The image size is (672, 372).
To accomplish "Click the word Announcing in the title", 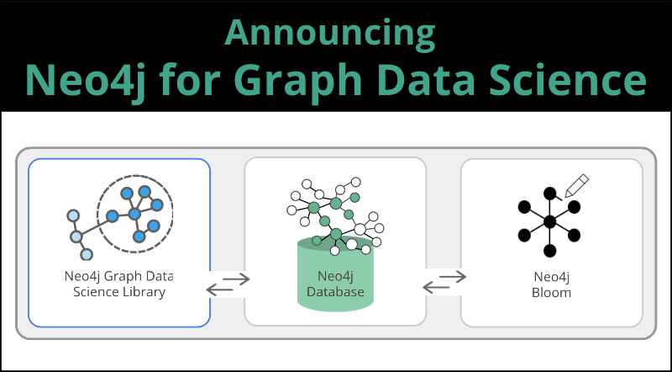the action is click(330, 35).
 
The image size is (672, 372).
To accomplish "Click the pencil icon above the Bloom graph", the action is click(576, 185).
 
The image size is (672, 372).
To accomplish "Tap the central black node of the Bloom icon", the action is click(549, 221).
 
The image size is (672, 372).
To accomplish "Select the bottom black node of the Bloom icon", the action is click(549, 251).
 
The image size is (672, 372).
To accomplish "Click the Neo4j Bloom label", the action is click(552, 284).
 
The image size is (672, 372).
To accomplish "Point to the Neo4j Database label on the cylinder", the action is click(335, 284).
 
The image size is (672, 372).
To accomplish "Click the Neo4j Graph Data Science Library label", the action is click(118, 284).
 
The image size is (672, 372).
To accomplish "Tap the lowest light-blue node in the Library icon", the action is click(87, 254).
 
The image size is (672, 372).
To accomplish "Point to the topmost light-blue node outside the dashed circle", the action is click(73, 215).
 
